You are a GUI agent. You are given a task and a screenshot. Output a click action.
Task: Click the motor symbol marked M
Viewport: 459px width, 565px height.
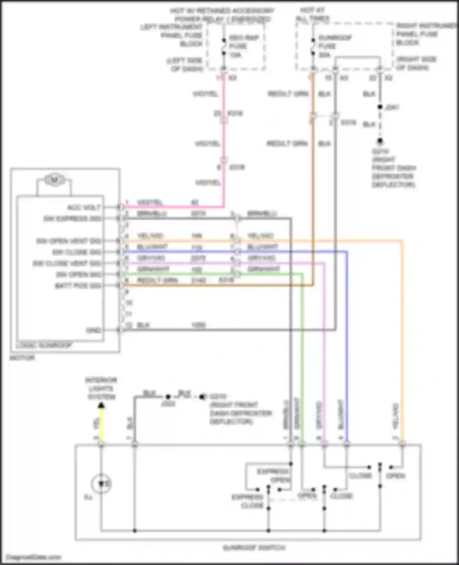tap(54, 180)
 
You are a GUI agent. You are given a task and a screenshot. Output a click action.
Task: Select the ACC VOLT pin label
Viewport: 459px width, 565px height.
tap(84, 208)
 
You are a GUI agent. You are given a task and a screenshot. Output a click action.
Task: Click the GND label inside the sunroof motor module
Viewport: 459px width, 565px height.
tap(93, 330)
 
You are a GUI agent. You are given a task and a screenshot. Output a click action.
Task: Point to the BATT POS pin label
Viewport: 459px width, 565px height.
tap(78, 286)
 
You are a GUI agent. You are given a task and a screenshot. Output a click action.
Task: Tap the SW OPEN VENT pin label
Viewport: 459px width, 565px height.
tap(69, 241)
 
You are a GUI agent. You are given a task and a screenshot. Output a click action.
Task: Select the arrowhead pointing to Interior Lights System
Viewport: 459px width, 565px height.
tap(101, 406)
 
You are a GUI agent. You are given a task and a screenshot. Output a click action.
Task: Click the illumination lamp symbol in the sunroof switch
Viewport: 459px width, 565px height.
tap(101, 484)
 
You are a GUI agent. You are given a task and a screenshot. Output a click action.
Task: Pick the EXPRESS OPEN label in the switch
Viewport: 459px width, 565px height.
tap(274, 475)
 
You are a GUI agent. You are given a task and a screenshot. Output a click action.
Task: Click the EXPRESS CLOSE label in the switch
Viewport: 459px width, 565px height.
tap(248, 501)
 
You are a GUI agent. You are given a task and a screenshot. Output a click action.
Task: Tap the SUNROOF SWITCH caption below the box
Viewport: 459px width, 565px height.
tap(254, 548)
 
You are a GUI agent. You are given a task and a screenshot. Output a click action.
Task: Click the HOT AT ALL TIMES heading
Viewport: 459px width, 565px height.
tap(312, 14)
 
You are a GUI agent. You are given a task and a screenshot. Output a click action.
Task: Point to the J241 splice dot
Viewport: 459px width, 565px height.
tap(380, 107)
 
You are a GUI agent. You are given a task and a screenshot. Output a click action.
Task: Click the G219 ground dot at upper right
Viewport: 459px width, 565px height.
tap(380, 141)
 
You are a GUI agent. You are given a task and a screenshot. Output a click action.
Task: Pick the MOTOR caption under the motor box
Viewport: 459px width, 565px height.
tap(22, 357)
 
